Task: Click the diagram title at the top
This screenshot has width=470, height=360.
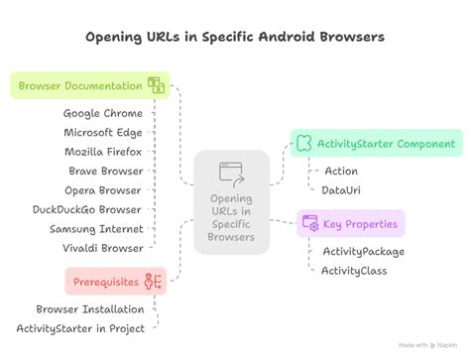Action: tap(235, 37)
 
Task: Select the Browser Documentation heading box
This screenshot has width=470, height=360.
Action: tap(90, 84)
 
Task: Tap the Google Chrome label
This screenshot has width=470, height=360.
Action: tap(103, 113)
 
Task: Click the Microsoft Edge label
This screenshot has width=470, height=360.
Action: tap(103, 132)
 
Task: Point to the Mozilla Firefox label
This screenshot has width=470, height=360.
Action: tap(103, 151)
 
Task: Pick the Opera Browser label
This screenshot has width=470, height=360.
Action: tap(104, 188)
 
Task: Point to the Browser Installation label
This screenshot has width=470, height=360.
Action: tap(90, 309)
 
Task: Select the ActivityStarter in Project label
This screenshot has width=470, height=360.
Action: tap(80, 328)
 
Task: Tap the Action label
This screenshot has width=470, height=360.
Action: tap(341, 171)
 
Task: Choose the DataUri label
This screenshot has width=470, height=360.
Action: tap(342, 189)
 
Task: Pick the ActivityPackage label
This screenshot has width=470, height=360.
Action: tap(362, 252)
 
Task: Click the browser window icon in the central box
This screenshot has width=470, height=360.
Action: tap(232, 175)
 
